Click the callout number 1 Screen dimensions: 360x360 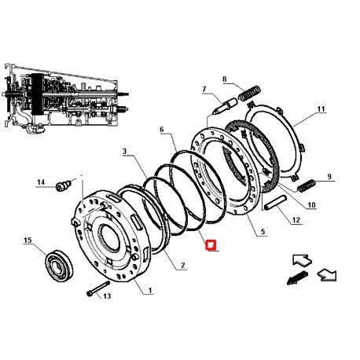[x=150, y=290]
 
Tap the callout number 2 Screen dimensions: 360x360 [x=183, y=265]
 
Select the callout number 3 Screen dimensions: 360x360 [x=124, y=151]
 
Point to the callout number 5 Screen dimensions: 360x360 [x=263, y=231]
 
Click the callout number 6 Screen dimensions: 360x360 [x=161, y=129]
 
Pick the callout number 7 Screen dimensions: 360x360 [x=204, y=90]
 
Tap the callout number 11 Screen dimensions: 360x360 [x=321, y=108]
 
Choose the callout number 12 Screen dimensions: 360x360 [x=296, y=220]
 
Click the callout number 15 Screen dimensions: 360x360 [x=28, y=240]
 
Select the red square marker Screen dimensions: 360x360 [x=211, y=245]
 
